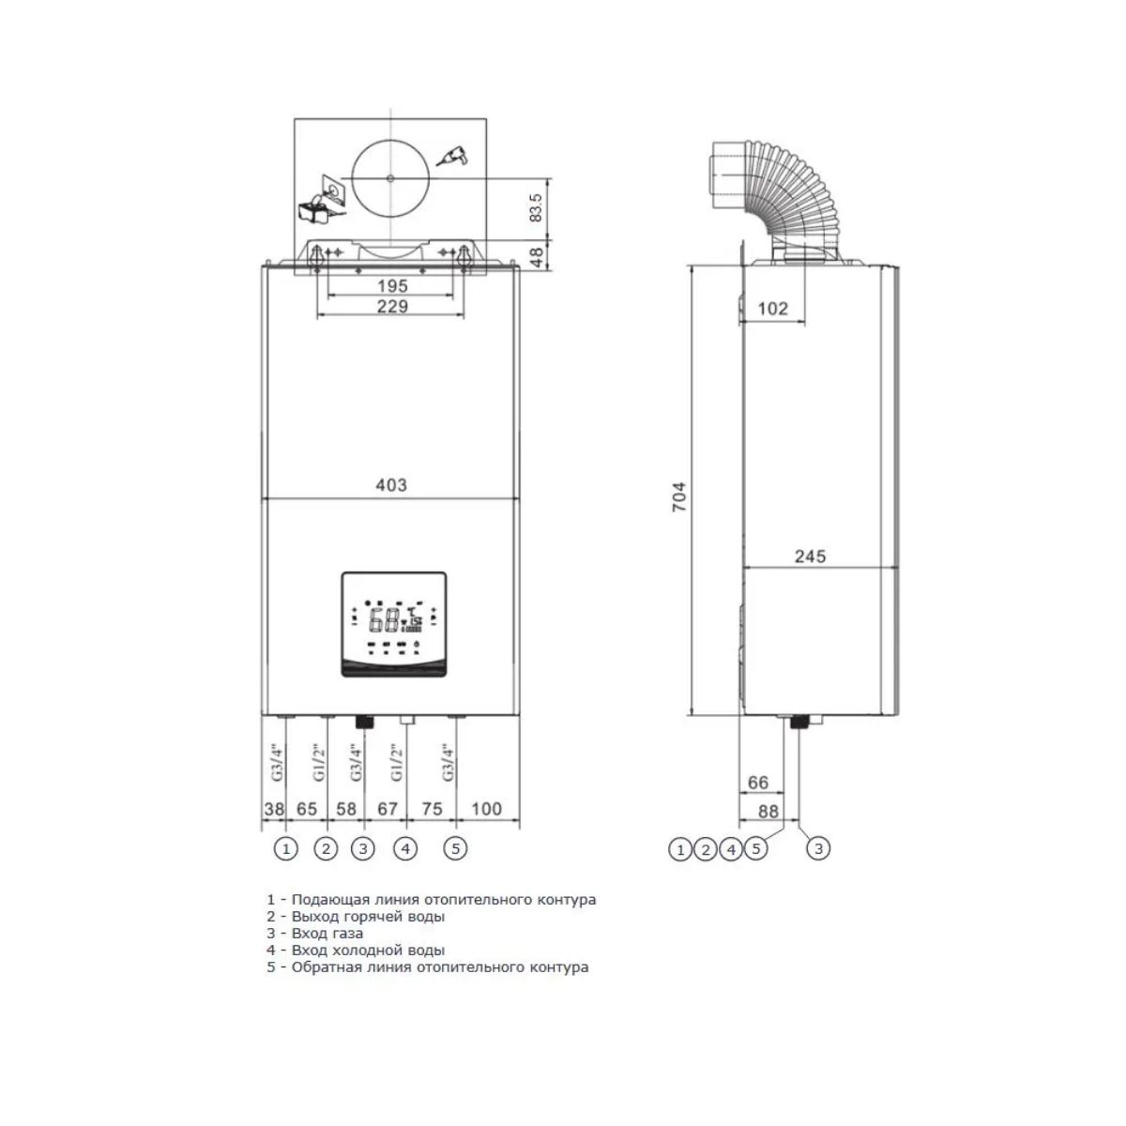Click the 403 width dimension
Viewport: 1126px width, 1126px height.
click(391, 485)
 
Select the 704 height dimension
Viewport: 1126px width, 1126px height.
click(679, 497)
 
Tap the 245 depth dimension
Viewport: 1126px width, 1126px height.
click(810, 556)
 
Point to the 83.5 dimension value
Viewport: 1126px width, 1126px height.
click(535, 208)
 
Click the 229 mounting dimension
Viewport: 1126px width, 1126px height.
click(392, 306)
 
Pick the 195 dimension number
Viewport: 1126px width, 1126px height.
click(392, 286)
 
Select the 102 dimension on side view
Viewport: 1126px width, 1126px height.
click(772, 309)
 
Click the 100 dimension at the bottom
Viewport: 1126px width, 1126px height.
click(486, 809)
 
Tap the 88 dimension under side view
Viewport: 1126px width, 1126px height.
click(768, 811)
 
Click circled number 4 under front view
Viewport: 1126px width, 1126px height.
click(405, 848)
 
